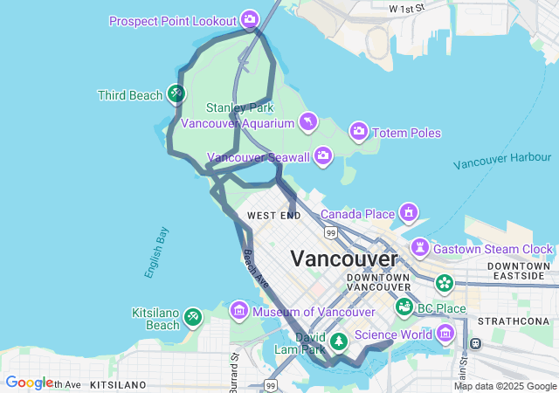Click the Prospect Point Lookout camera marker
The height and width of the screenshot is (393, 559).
250,19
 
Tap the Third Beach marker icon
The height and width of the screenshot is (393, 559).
177,93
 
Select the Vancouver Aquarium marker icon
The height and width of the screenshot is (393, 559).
307,122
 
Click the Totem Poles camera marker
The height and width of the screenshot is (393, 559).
358,133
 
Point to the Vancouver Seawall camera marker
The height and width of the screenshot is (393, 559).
323,156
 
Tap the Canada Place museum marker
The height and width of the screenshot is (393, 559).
408,213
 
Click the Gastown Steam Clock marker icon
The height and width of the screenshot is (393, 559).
421,248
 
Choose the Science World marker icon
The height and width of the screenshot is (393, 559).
446,333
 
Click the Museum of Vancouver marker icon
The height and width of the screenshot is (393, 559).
238,311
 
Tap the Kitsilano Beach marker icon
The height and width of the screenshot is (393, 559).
193,316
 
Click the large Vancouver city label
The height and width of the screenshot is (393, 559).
343,259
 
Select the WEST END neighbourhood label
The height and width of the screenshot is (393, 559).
273,215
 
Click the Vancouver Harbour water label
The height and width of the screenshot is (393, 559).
502,160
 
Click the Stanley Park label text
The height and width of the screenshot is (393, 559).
239,107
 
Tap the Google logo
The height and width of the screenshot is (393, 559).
29,383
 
